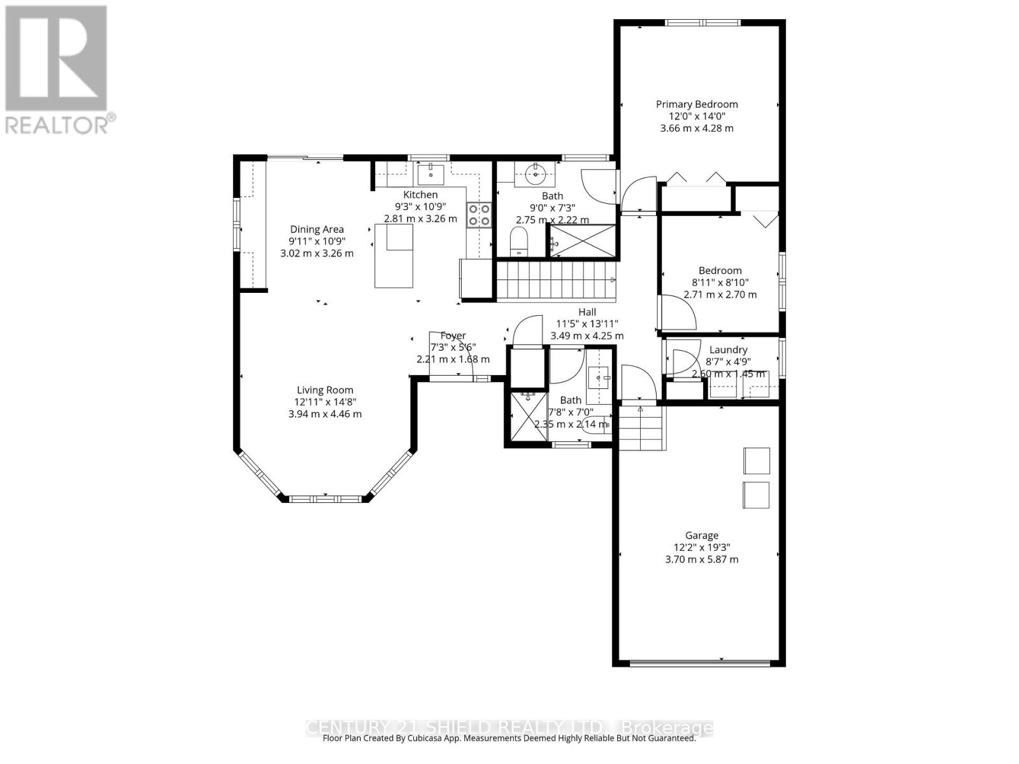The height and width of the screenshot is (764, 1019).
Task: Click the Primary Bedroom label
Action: pyautogui.click(x=697, y=104)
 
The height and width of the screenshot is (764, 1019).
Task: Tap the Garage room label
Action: pyautogui.click(x=701, y=535)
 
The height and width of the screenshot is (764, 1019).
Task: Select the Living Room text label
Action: pyautogui.click(x=325, y=390)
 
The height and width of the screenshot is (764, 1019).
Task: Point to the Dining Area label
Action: pyautogui.click(x=317, y=229)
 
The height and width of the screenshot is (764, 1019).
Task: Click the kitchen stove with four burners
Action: pyautogui.click(x=479, y=215)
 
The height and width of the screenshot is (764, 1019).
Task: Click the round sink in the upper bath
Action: pyautogui.click(x=536, y=173)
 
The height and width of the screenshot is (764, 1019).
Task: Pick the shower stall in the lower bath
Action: pyautogui.click(x=527, y=416)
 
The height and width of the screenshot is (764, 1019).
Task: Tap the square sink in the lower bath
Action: pyautogui.click(x=598, y=378)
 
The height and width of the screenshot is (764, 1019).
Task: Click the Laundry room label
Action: pyautogui.click(x=728, y=350)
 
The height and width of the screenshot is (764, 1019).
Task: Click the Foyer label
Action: pyautogui.click(x=453, y=336)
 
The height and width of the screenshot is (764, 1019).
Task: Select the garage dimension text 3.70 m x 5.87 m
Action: pyautogui.click(x=701, y=559)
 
